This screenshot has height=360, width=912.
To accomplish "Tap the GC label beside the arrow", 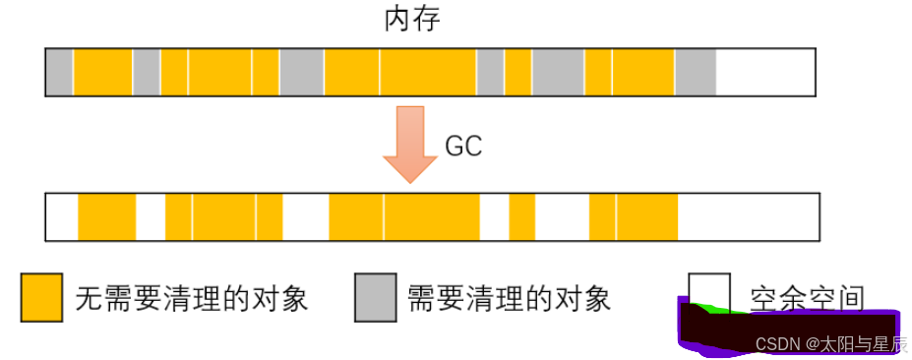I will pos(463,147).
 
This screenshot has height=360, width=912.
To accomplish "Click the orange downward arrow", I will pos(408,143).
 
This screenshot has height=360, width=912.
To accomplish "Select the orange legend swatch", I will pos(41,297).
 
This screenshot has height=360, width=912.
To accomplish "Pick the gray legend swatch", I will pos(375,297).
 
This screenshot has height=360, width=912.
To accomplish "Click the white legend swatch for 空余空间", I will pos(708,290).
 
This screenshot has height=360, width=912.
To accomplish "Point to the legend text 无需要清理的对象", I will pos(192,298).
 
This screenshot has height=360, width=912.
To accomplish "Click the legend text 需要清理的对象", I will pos(510,298).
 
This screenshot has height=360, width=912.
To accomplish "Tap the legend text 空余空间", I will pos(807,297).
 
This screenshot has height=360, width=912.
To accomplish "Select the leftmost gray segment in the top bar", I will pos(60,72).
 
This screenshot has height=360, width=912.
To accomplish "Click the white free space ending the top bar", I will pos(765,72).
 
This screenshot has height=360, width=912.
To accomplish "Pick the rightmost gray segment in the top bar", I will pos(695,72).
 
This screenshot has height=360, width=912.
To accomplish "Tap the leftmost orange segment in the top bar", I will pos(103,72).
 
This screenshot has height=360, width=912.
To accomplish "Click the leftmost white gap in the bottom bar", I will pos(63,217).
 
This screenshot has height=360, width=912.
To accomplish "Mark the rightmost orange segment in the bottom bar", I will pos(646,217).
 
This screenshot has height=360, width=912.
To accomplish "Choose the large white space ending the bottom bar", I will pos(748,217).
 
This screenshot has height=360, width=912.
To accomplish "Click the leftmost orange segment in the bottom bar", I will pos(106,217).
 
